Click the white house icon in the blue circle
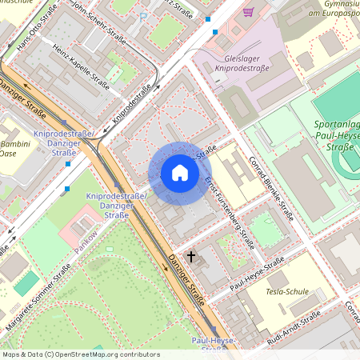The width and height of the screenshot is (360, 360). [x=180, y=173]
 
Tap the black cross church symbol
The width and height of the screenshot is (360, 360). [x=190, y=257]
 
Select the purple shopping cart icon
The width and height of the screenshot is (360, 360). [x=248, y=12]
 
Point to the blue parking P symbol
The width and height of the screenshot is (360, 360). [x=143, y=16]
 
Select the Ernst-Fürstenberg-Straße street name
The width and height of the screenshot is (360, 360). [x=230, y=214]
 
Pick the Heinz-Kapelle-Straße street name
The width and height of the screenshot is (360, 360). [x=81, y=67]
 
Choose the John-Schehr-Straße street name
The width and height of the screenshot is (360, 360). [x=97, y=17]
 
